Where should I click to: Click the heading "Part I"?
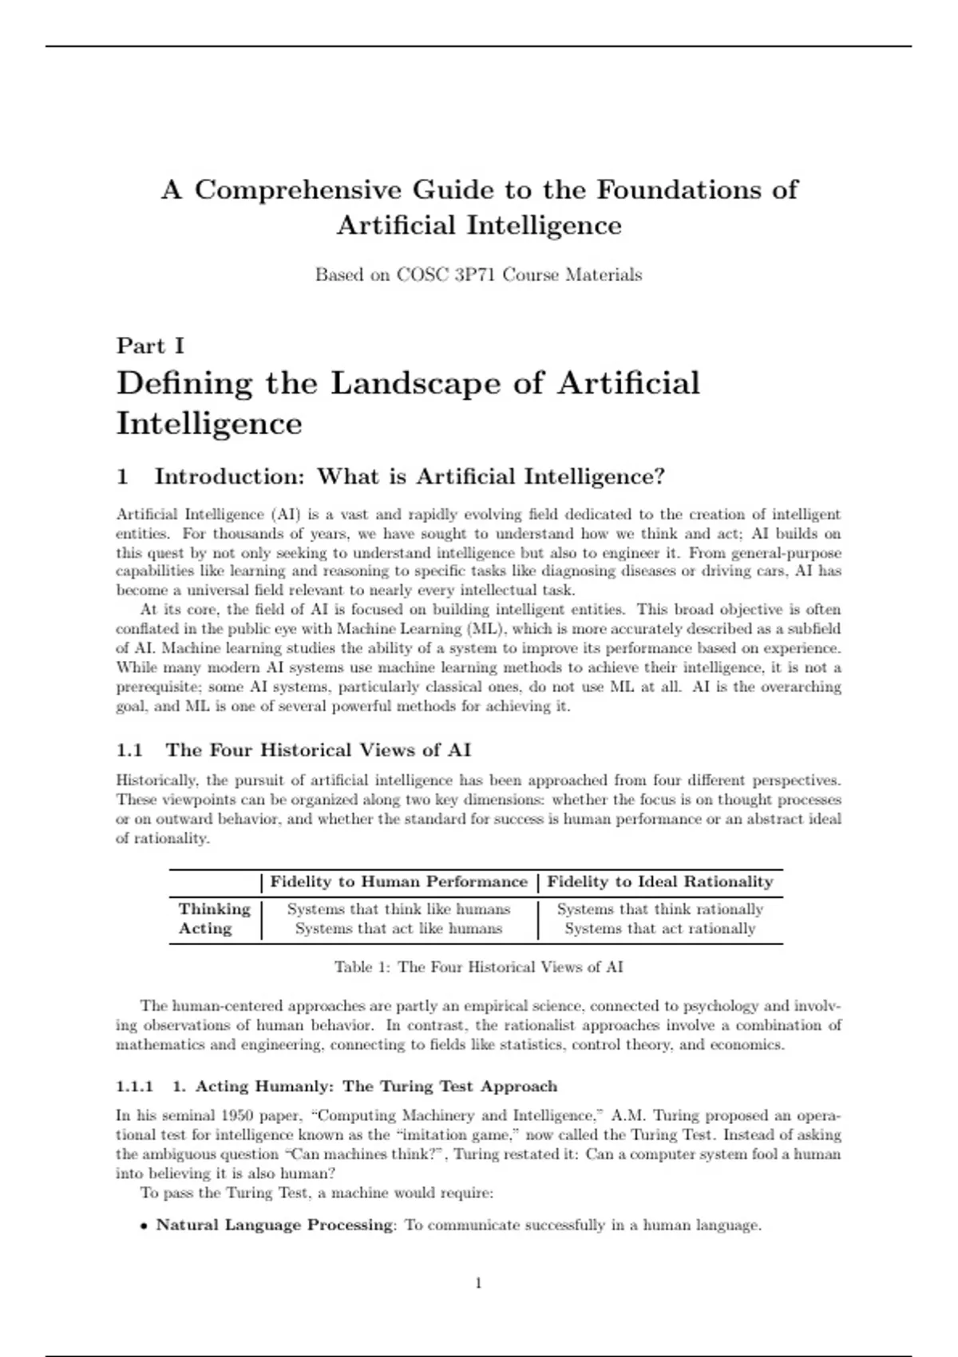pos(150,346)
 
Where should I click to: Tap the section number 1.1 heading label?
pos(129,750)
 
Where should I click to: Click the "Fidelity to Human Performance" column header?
pos(398,882)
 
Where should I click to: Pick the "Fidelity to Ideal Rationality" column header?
pos(660,882)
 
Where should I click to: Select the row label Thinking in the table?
pos(214,909)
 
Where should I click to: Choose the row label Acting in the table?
pos(205,928)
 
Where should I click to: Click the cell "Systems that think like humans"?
pos(398,909)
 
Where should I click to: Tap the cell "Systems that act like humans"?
pos(398,928)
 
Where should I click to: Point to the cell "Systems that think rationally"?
pos(660,909)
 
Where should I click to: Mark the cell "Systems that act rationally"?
pos(660,928)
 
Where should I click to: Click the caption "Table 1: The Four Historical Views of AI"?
pos(478,967)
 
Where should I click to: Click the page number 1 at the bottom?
pos(478,1284)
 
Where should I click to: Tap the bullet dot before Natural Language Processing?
pos(144,1226)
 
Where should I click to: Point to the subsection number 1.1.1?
pos(134,1086)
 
